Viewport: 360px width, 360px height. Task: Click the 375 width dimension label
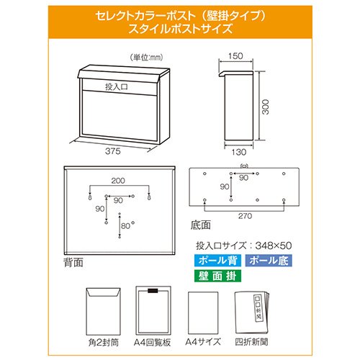point(112,151)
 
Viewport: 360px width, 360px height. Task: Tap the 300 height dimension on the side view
point(265,107)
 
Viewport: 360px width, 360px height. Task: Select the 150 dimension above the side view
point(235,56)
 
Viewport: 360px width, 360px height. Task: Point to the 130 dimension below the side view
point(239,152)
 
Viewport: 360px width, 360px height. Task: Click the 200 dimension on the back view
point(118,181)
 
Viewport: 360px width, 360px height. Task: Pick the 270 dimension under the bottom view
point(245,216)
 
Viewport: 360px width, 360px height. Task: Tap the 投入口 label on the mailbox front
point(117,87)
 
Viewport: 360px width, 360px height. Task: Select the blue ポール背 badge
point(217,261)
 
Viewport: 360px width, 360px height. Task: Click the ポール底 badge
point(269,261)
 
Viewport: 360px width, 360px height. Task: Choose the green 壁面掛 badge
point(217,276)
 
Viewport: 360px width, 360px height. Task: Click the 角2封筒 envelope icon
point(103,312)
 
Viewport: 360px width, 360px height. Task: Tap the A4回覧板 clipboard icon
point(153,310)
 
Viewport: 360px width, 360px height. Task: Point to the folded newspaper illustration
point(252,312)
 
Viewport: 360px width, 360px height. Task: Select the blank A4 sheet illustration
point(203,312)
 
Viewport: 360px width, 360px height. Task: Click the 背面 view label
point(73,262)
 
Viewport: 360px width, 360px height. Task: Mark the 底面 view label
point(201,225)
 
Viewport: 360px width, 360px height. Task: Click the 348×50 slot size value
point(274,246)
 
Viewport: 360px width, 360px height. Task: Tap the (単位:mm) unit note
point(146,58)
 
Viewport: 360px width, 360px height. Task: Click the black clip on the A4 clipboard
point(153,291)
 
